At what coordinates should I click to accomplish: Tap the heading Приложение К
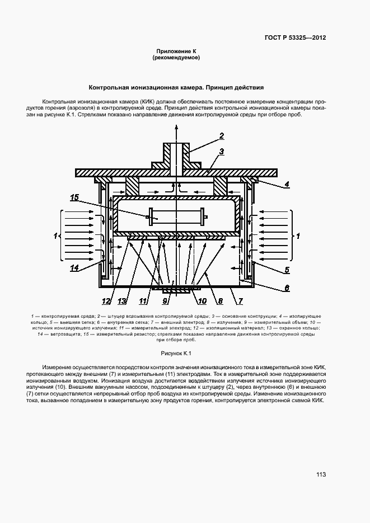tap(176, 51)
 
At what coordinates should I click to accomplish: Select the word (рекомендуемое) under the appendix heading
tap(176, 58)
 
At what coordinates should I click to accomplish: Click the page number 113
tap(321, 475)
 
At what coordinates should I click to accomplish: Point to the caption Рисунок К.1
tap(176, 354)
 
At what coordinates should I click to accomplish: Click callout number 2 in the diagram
tap(222, 136)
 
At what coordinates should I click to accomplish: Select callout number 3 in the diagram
tap(222, 151)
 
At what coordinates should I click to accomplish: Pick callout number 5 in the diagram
tap(287, 270)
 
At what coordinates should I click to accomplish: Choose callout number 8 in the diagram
tap(221, 301)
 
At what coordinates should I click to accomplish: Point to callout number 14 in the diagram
tap(74, 268)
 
